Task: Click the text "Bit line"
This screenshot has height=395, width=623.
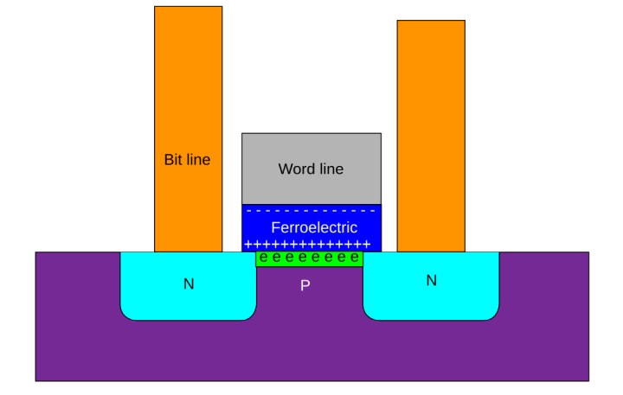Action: pos(187,160)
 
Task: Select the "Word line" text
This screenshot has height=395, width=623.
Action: pos(311,169)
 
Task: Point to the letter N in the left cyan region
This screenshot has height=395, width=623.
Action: pos(189,283)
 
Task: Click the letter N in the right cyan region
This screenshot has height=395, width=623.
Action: pos(432,280)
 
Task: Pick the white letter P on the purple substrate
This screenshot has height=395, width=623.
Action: pos(305,284)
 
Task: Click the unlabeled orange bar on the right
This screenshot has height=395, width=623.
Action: pos(431,130)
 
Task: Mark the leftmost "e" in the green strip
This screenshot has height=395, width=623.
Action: pos(263,258)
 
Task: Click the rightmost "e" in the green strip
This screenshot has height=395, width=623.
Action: pos(355,258)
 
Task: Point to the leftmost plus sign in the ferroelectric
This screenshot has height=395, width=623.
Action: pos(247,245)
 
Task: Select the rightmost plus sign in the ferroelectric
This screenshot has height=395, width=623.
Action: pos(368,245)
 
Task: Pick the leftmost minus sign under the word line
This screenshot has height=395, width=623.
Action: pos(249,211)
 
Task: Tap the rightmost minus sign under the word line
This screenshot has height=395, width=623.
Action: pos(372,211)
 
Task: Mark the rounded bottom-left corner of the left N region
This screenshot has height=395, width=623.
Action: pos(127,313)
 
